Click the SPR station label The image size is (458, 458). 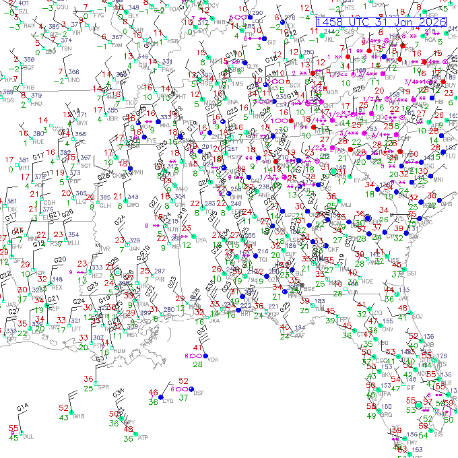(103, 387)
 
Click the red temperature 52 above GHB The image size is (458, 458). (64, 407)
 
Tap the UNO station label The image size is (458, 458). (74, 80)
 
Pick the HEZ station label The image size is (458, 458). (98, 275)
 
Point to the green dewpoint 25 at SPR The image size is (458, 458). (89, 389)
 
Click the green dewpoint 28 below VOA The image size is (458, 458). (198, 364)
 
